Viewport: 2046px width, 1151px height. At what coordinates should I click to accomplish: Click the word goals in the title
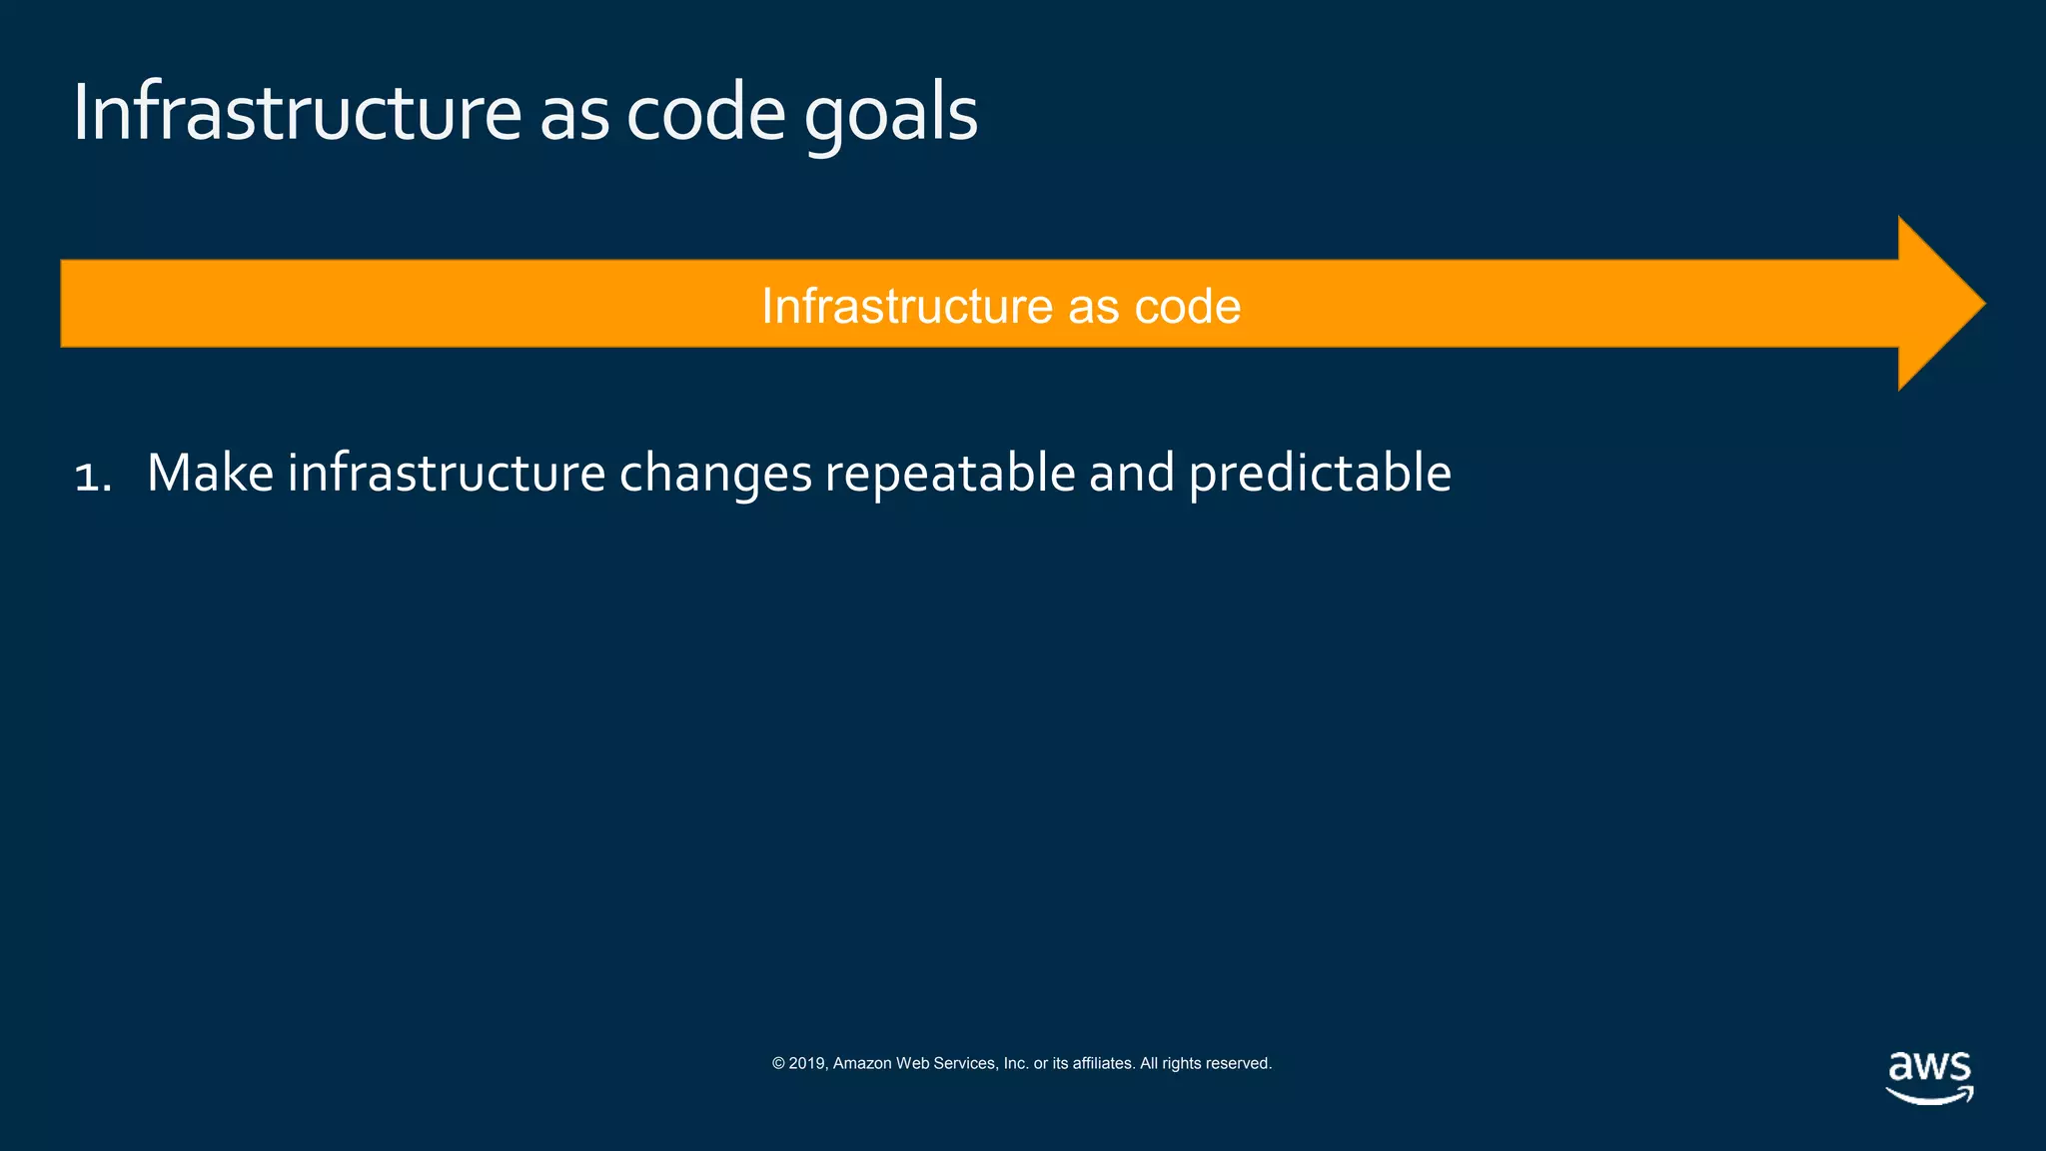coord(890,114)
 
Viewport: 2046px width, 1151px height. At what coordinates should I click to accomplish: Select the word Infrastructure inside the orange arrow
coord(906,306)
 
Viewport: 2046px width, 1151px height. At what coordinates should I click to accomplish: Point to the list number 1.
coord(91,475)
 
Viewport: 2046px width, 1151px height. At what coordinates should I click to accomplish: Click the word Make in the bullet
coord(210,473)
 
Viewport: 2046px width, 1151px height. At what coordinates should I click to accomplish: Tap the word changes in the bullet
coord(715,473)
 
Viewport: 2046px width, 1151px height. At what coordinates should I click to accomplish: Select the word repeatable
coord(949,473)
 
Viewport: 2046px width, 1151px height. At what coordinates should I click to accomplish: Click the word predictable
coord(1320,473)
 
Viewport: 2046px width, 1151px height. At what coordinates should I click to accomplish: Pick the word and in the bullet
coord(1131,473)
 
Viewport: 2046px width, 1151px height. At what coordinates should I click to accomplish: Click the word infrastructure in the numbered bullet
coord(446,473)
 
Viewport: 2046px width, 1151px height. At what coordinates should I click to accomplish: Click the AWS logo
coord(1929,1077)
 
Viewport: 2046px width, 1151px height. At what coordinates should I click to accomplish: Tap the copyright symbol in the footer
coord(778,1063)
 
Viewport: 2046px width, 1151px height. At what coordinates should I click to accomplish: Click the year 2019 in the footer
coord(807,1063)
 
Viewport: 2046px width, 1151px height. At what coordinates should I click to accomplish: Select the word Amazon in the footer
coord(862,1063)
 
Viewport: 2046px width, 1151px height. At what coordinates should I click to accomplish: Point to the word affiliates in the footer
coord(1103,1063)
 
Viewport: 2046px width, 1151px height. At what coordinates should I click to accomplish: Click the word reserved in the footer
coord(1239,1063)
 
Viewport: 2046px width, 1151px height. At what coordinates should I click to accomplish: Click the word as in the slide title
coord(573,114)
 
